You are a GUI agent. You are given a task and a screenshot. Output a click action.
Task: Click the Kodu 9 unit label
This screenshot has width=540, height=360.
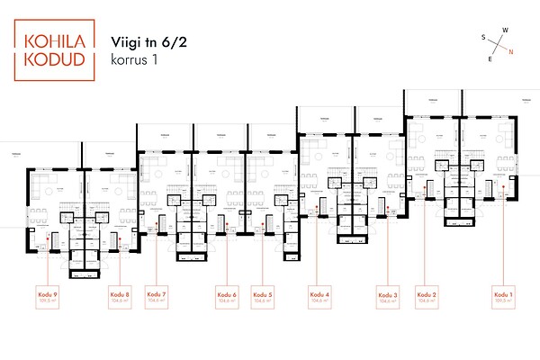pos(48,298)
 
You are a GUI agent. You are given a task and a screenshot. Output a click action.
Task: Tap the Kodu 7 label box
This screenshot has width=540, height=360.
pos(157,298)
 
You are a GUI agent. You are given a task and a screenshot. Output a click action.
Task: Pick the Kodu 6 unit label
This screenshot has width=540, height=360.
pos(227,298)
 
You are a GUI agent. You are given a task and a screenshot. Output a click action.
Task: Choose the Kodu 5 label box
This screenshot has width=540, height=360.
pos(263,298)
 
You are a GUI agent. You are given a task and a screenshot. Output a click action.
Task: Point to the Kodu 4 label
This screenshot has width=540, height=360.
pos(319,298)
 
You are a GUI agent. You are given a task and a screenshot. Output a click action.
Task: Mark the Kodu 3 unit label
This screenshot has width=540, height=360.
pos(388,298)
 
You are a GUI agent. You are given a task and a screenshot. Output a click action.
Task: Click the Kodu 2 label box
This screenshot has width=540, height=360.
pos(427,298)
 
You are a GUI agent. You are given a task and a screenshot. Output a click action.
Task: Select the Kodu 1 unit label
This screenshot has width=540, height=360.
pos(504,298)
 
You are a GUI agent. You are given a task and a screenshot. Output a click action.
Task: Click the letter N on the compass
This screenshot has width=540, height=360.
pos(511,51)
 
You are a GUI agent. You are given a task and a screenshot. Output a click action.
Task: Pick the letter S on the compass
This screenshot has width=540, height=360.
pos(483,38)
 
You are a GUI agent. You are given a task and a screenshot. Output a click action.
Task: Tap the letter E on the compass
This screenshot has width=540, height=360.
pos(490,58)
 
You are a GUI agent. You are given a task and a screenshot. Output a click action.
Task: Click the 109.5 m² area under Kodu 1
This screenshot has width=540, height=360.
pos(504,302)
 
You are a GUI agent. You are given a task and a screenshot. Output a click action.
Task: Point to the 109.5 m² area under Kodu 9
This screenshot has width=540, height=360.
pos(48,302)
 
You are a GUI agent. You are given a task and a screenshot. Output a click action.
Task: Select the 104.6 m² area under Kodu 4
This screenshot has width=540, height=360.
pos(319,302)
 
